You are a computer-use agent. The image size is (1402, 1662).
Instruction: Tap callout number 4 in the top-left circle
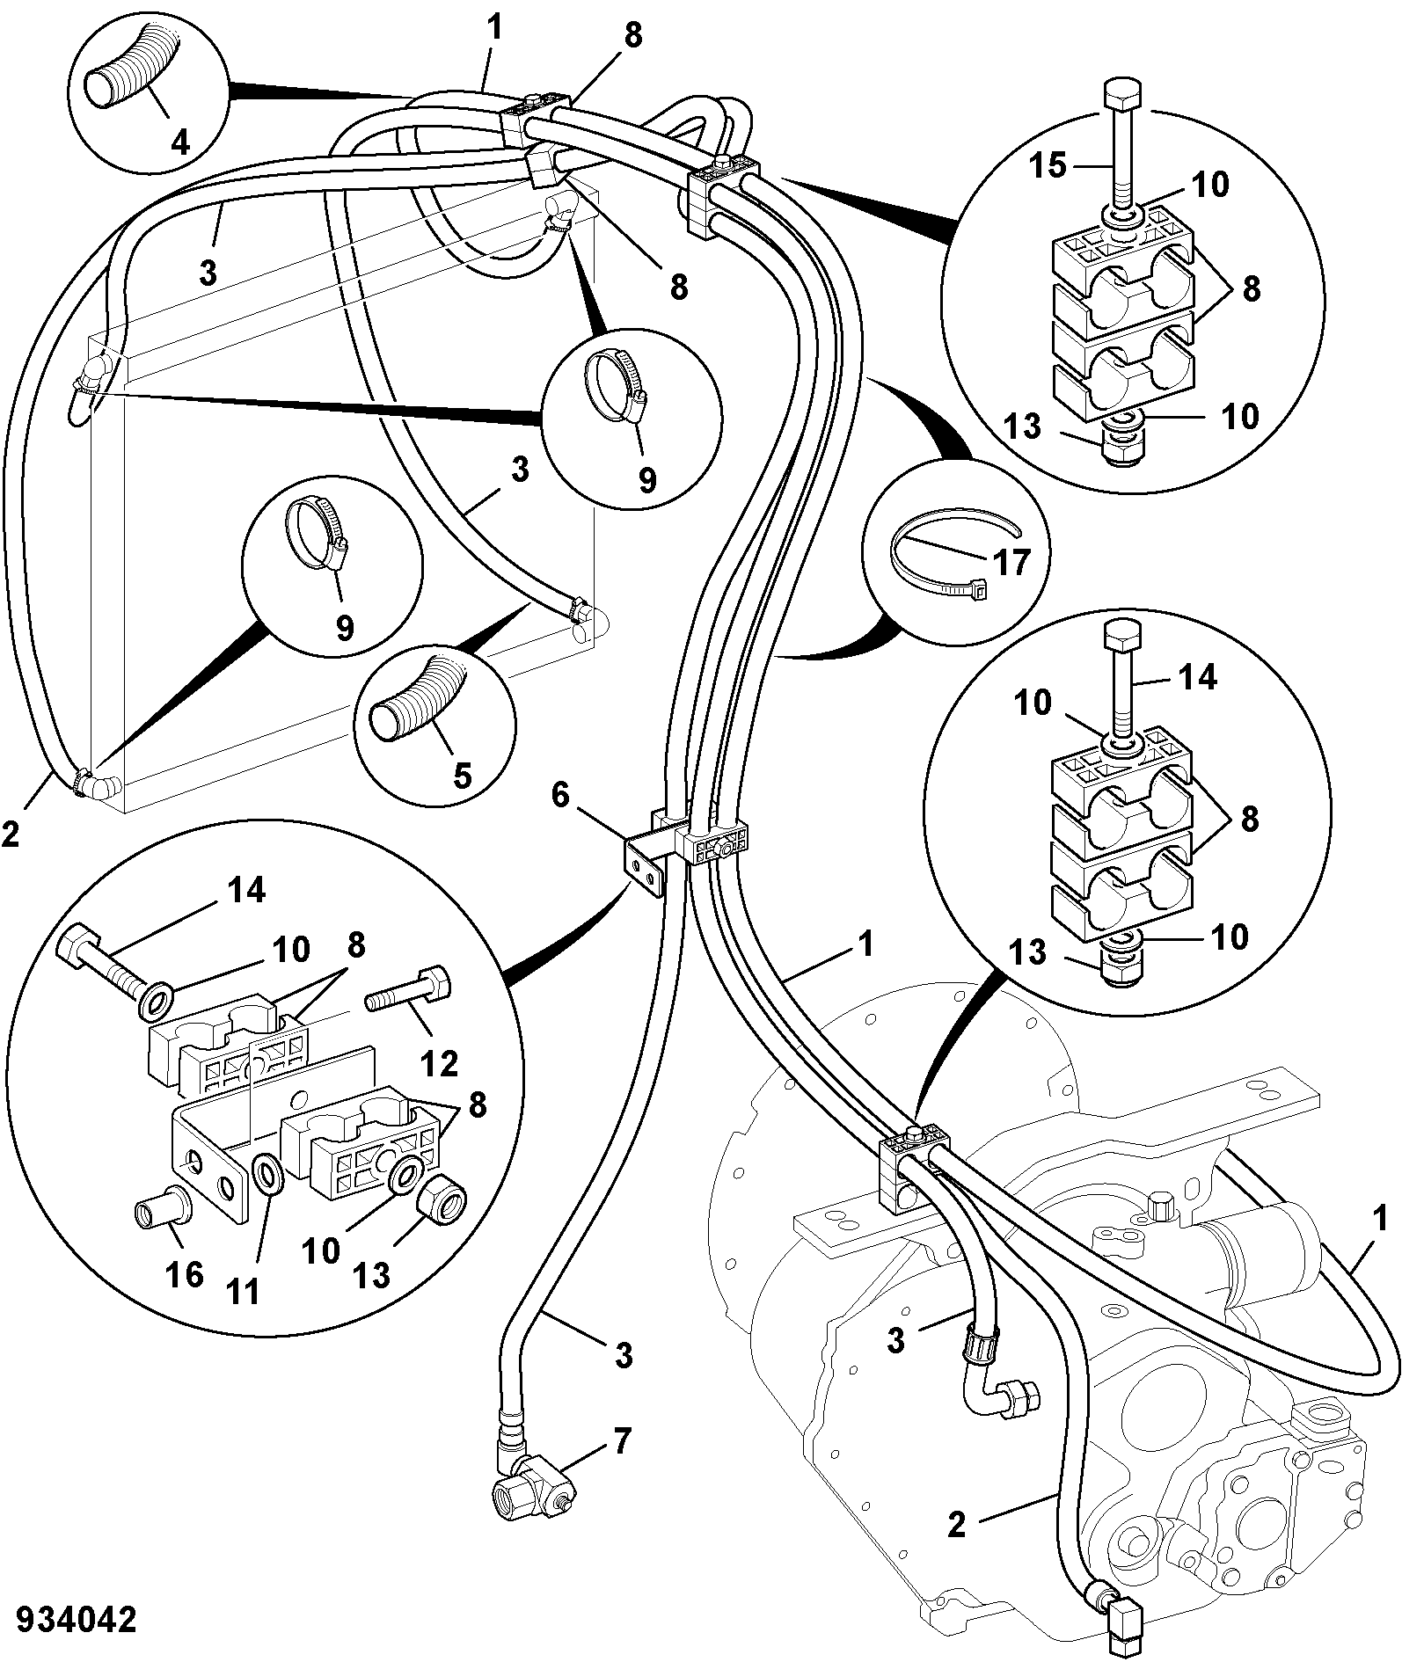click(179, 142)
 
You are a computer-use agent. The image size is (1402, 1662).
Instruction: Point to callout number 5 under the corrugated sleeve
click(462, 775)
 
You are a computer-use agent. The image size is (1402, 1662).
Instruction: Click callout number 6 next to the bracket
click(561, 796)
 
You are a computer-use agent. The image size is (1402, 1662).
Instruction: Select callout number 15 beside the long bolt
click(1048, 164)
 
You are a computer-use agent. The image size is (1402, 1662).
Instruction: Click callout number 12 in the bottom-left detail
click(439, 1064)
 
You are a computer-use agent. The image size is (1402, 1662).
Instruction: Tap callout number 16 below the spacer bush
click(185, 1275)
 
